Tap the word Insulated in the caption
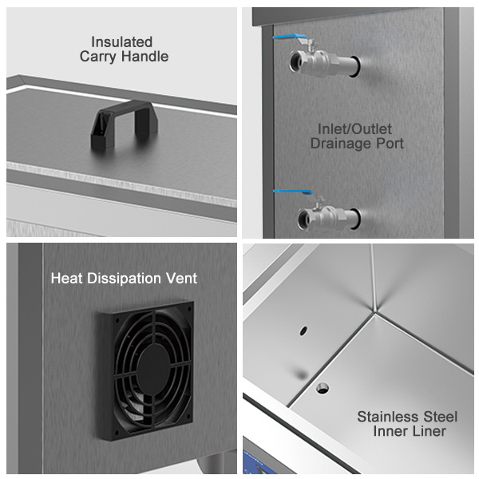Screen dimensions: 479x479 121,42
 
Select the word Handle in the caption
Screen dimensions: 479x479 144,57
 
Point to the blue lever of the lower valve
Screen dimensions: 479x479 292,192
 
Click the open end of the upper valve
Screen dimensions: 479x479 296,61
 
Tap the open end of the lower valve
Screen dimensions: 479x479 303,218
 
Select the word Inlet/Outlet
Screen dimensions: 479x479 354,129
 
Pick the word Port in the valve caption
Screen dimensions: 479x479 390,144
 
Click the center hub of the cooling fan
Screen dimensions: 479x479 153,369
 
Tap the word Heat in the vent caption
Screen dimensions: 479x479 67,279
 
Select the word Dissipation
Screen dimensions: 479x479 124,279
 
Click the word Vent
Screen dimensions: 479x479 181,279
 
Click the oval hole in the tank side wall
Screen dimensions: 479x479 303,331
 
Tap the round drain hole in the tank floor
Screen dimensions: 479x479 323,388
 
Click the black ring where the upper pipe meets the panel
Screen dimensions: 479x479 355,66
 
